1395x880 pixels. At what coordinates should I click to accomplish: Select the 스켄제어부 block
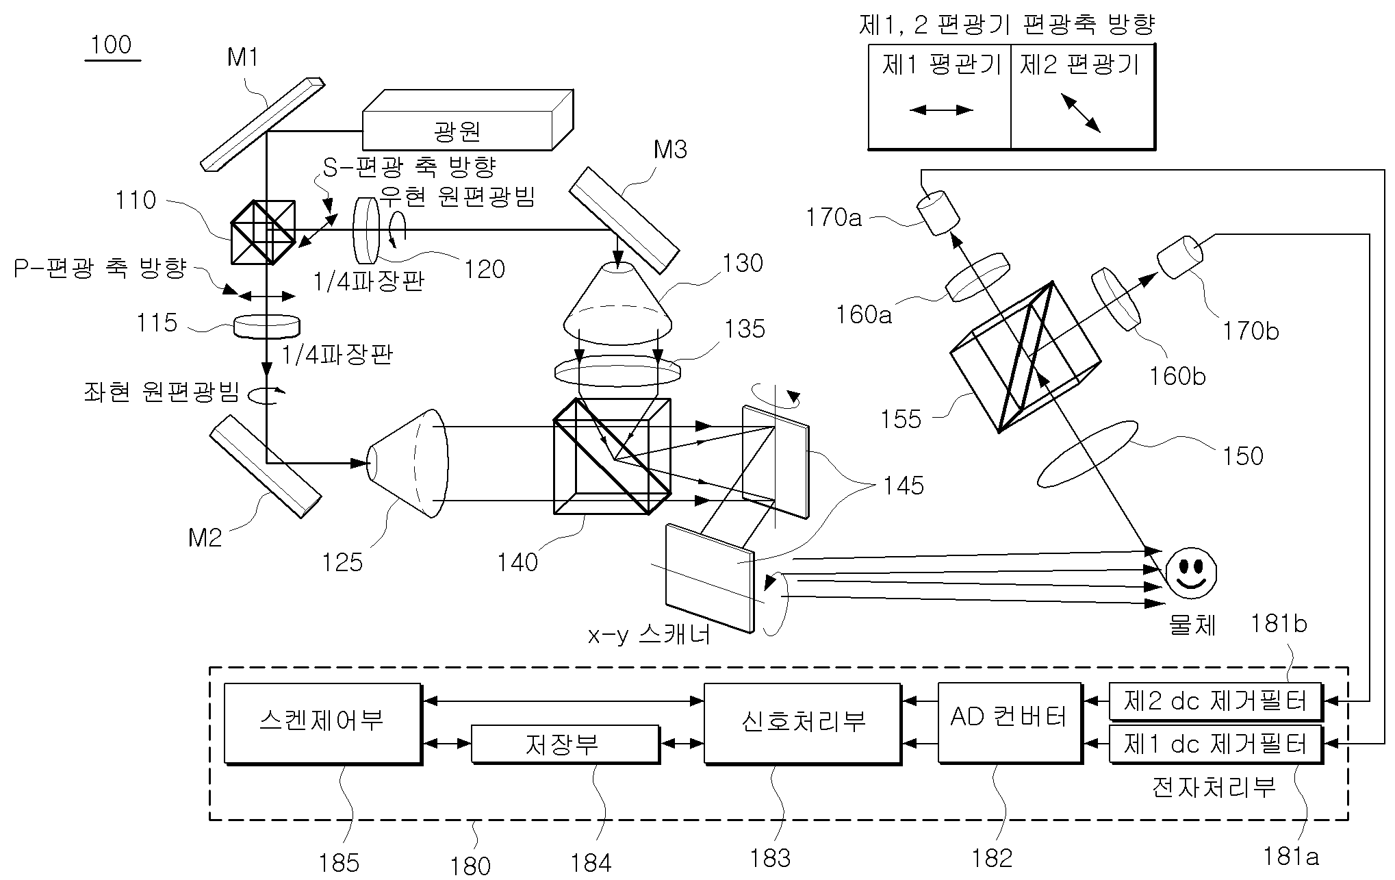(x=322, y=723)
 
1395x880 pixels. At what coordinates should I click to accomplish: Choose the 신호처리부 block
(x=803, y=723)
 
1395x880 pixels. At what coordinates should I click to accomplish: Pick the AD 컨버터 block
(x=1010, y=722)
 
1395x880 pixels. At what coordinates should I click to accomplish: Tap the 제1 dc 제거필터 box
(x=1216, y=744)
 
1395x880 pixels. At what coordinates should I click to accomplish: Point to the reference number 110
(x=136, y=200)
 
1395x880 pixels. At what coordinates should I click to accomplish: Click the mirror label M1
(x=243, y=58)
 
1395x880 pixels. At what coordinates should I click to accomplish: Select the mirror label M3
(x=670, y=150)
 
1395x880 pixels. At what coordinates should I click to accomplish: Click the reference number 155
(x=901, y=419)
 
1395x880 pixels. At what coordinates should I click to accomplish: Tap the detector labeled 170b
(x=1179, y=257)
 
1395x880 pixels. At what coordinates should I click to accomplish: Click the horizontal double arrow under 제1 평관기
(x=941, y=110)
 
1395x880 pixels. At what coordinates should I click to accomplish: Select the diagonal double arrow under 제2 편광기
(x=1081, y=113)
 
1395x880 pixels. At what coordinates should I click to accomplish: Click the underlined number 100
(x=111, y=45)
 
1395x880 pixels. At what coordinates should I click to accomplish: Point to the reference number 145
(x=904, y=486)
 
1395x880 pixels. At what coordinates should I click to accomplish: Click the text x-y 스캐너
(x=650, y=635)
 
